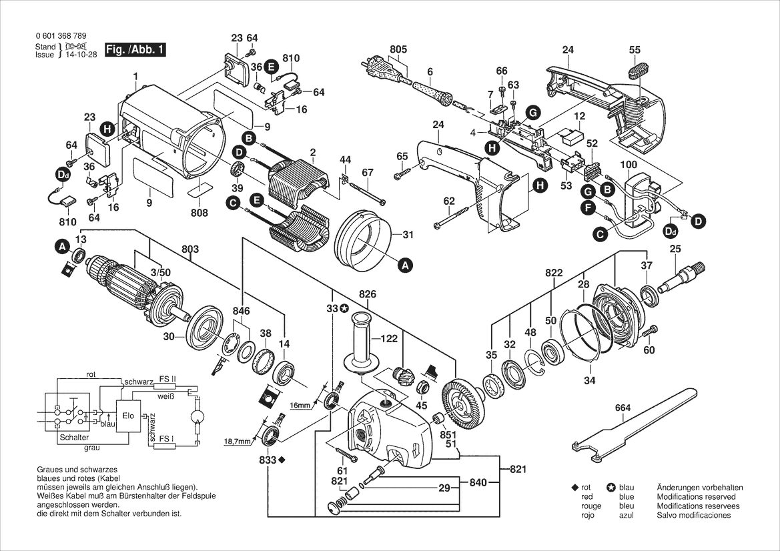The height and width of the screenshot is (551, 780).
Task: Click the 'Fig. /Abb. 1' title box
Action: pos(135,50)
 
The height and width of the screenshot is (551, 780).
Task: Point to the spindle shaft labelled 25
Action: pos(681,278)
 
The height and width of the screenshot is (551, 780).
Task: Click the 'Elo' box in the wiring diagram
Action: pos(128,415)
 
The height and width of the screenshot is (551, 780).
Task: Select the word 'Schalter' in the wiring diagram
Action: pos(73,438)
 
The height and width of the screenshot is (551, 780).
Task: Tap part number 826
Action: pos(367,294)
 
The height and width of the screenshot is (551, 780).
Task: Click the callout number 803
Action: pos(190,249)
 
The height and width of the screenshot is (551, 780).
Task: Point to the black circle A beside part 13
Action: pos(61,246)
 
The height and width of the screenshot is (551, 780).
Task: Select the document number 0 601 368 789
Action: pos(61,36)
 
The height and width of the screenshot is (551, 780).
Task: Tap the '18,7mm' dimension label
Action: pos(238,441)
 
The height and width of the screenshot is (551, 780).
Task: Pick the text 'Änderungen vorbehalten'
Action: pos(700,488)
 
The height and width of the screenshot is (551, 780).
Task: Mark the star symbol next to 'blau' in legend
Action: pos(611,488)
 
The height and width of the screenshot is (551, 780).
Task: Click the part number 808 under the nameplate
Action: pos(199,213)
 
